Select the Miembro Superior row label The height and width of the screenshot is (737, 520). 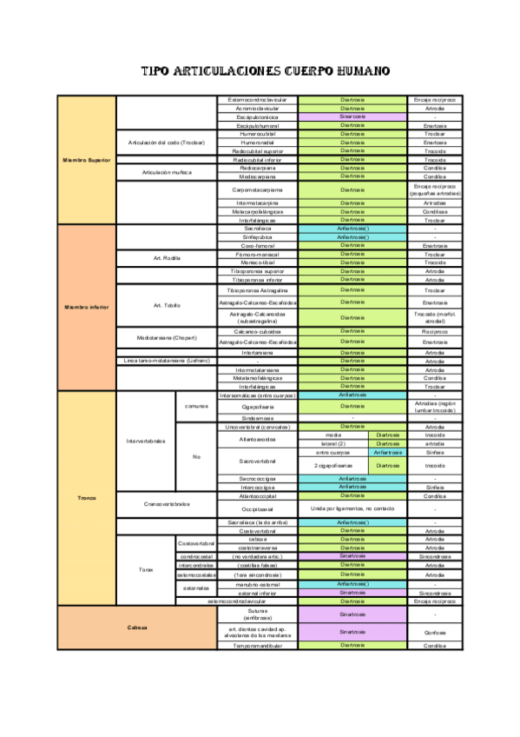(x=87, y=160)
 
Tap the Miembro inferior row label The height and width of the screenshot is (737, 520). (x=87, y=308)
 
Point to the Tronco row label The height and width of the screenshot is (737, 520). (x=87, y=498)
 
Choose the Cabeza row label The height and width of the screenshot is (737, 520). (x=137, y=627)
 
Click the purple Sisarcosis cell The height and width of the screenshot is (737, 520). (x=352, y=116)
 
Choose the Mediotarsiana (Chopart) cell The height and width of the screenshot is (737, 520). (x=165, y=336)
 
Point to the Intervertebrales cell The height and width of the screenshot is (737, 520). (x=145, y=441)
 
